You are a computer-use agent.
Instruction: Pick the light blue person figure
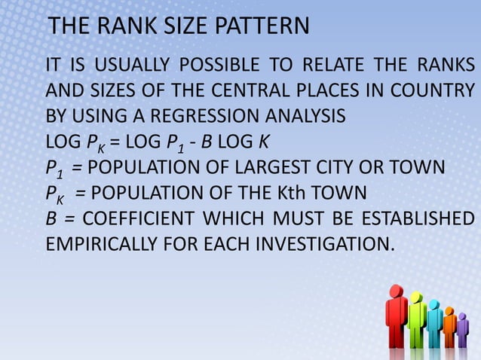[434, 324]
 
